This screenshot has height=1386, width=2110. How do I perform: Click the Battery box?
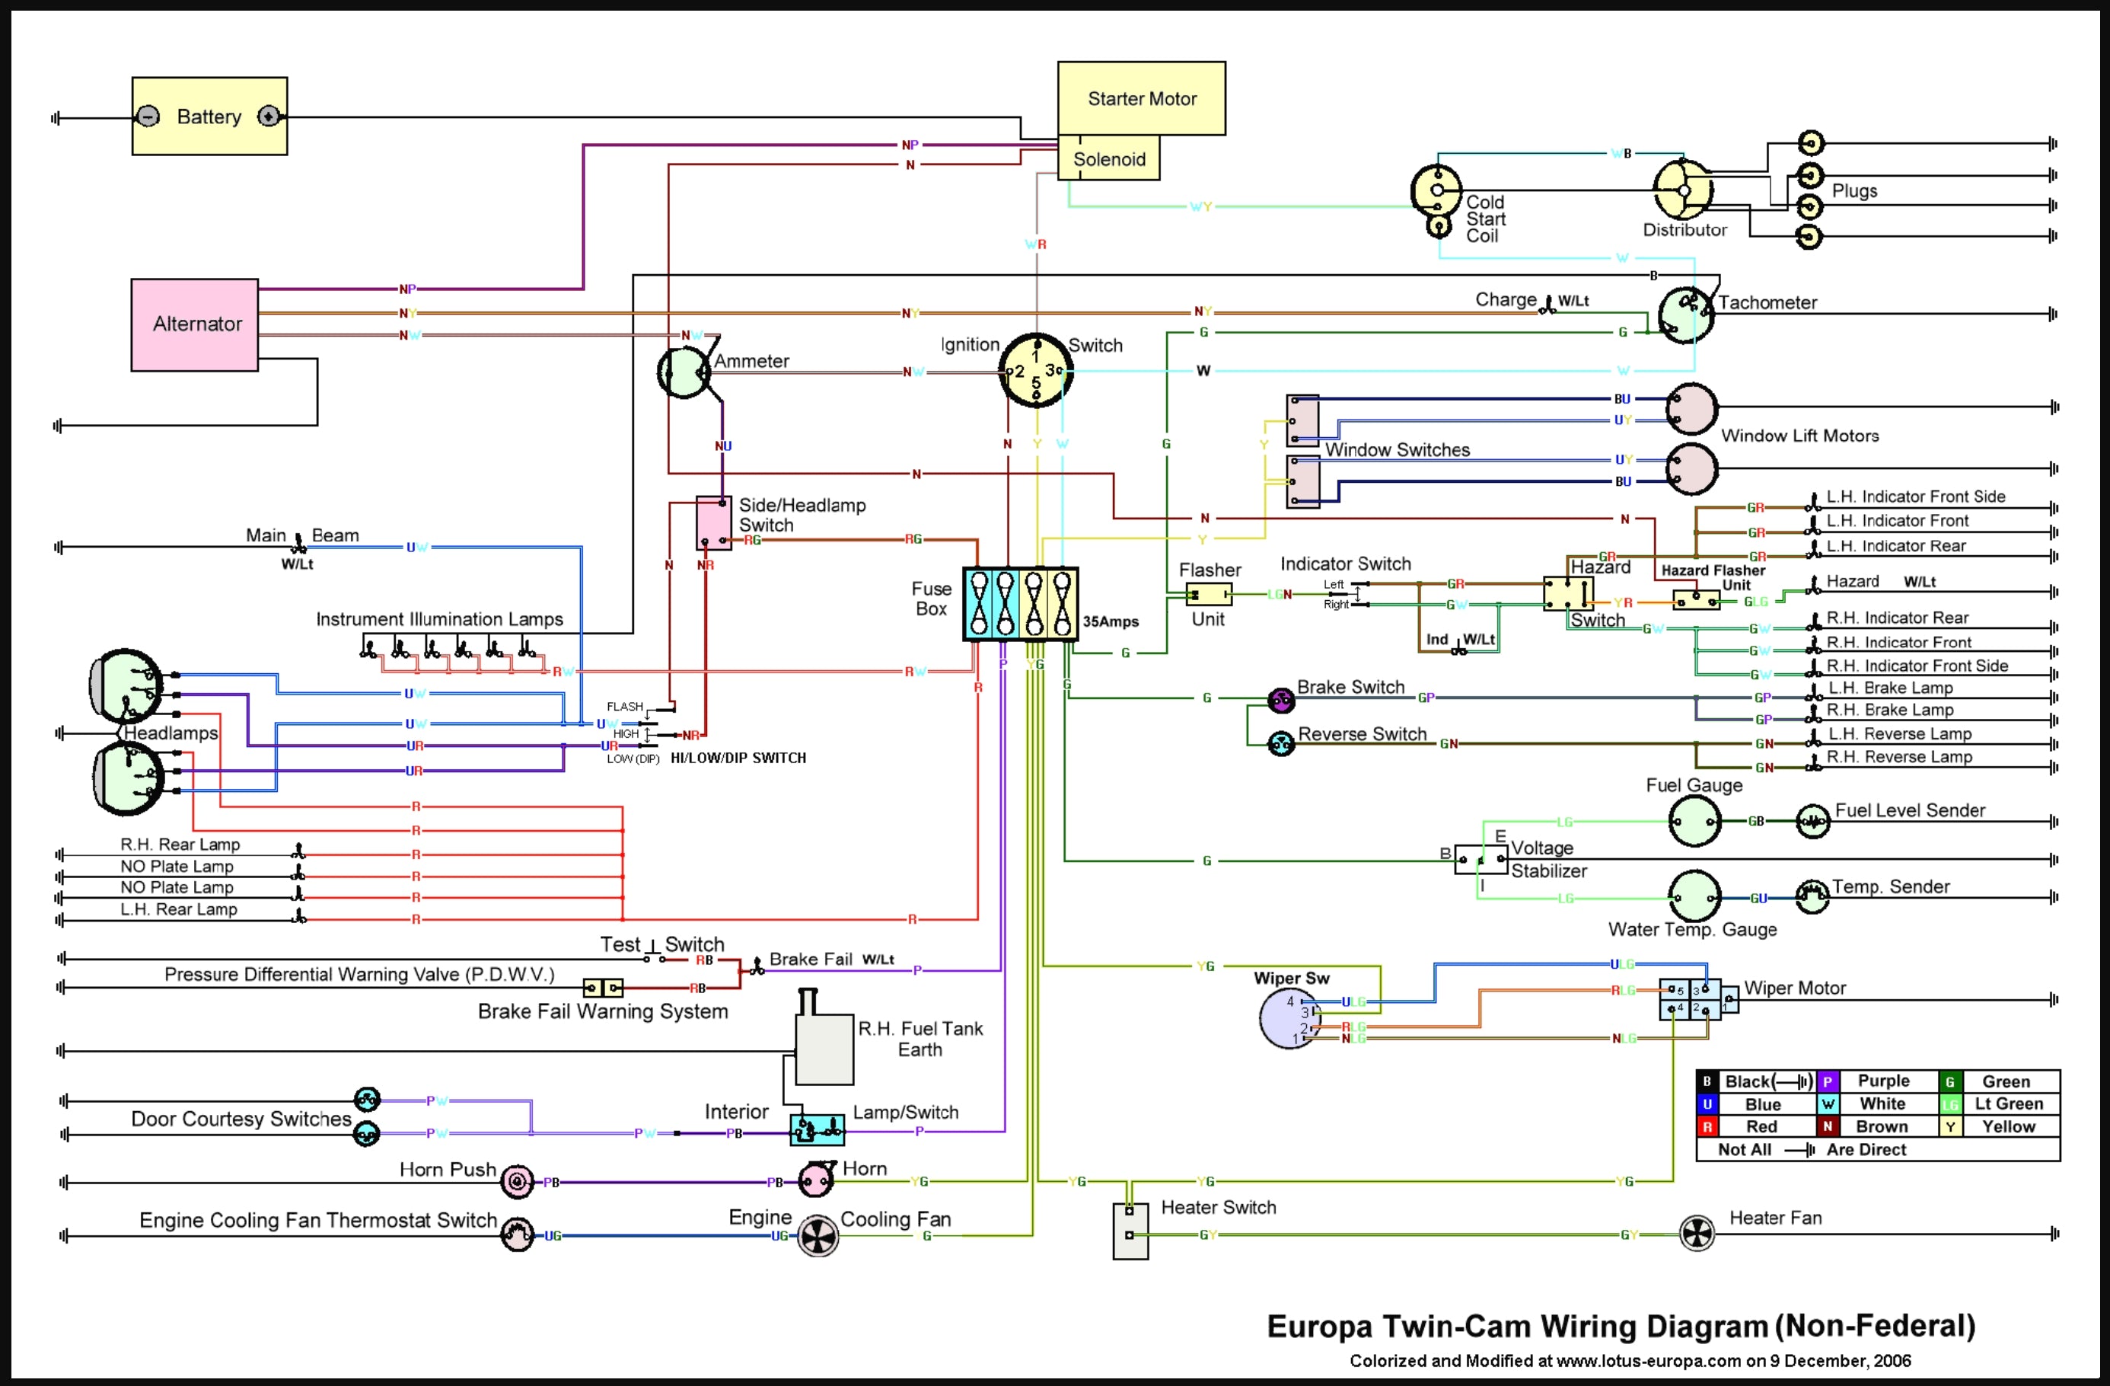click(x=209, y=117)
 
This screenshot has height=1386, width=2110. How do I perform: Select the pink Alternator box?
click(x=195, y=324)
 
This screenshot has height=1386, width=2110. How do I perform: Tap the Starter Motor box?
click(x=1141, y=97)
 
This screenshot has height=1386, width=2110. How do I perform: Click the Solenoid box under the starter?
click(x=1108, y=158)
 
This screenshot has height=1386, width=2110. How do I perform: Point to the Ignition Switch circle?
click(x=1035, y=371)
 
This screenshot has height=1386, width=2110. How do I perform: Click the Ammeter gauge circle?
click(x=684, y=372)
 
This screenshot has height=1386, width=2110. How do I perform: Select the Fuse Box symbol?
click(x=1021, y=604)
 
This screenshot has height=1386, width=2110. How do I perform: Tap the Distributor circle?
click(x=1683, y=190)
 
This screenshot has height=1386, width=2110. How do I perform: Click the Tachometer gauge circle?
click(x=1686, y=315)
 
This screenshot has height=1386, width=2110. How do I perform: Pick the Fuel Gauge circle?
click(x=1694, y=821)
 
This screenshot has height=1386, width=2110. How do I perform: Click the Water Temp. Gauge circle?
click(x=1694, y=896)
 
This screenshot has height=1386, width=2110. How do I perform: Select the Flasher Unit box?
click(x=1208, y=594)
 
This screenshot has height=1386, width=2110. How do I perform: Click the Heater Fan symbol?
click(x=1697, y=1234)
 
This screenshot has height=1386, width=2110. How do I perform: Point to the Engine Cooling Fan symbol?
click(x=818, y=1235)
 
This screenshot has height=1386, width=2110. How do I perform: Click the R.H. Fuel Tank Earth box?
click(x=824, y=1050)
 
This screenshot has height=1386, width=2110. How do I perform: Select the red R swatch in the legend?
click(x=1707, y=1126)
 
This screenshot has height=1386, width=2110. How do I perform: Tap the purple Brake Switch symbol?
click(x=1280, y=701)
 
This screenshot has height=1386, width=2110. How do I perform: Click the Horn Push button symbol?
click(x=517, y=1181)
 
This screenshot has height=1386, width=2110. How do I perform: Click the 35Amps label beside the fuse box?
click(x=1110, y=621)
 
